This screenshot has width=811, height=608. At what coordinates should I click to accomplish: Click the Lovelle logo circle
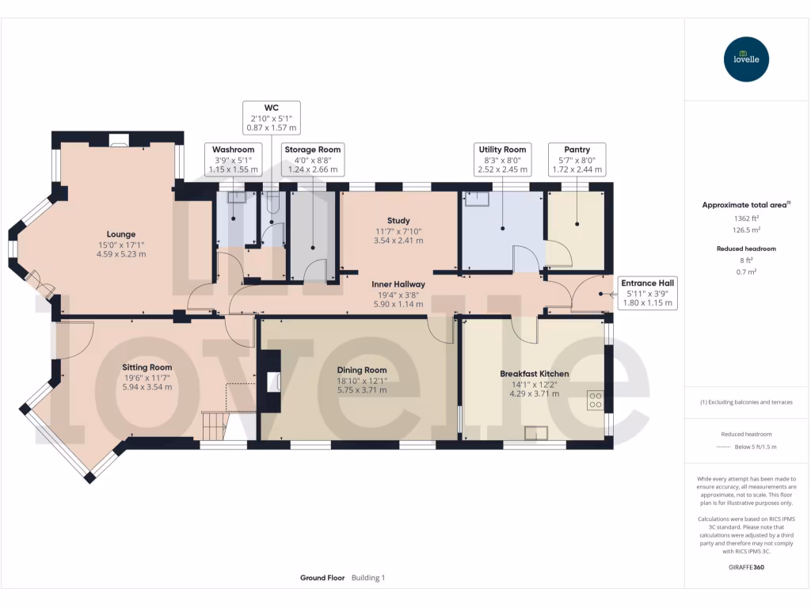pos(747,59)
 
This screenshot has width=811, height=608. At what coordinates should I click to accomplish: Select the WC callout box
pos(271,116)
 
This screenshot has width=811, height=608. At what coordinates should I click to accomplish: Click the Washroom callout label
pos(233,158)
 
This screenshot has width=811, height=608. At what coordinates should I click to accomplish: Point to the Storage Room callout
pos(312,158)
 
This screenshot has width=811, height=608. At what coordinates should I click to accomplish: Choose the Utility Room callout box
pos(502,158)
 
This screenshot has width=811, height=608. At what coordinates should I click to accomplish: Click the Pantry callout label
pos(577,158)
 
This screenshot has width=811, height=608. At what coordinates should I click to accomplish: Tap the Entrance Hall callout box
pos(648,292)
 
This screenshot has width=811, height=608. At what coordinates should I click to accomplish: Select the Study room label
pos(398,230)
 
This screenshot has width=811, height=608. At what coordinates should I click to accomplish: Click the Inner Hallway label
pos(399,294)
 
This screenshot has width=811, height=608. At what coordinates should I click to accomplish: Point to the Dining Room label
pos(361,379)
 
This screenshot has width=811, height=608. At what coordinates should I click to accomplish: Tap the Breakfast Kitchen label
pos(534,383)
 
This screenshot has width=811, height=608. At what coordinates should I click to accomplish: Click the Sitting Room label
pos(147,377)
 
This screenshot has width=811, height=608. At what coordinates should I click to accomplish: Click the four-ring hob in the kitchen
pos(594,401)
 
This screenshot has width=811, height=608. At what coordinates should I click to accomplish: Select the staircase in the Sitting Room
pos(214,425)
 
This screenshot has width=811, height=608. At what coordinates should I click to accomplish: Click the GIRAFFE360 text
pos(747,568)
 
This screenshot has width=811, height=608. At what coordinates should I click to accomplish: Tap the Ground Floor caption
pos(322,578)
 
